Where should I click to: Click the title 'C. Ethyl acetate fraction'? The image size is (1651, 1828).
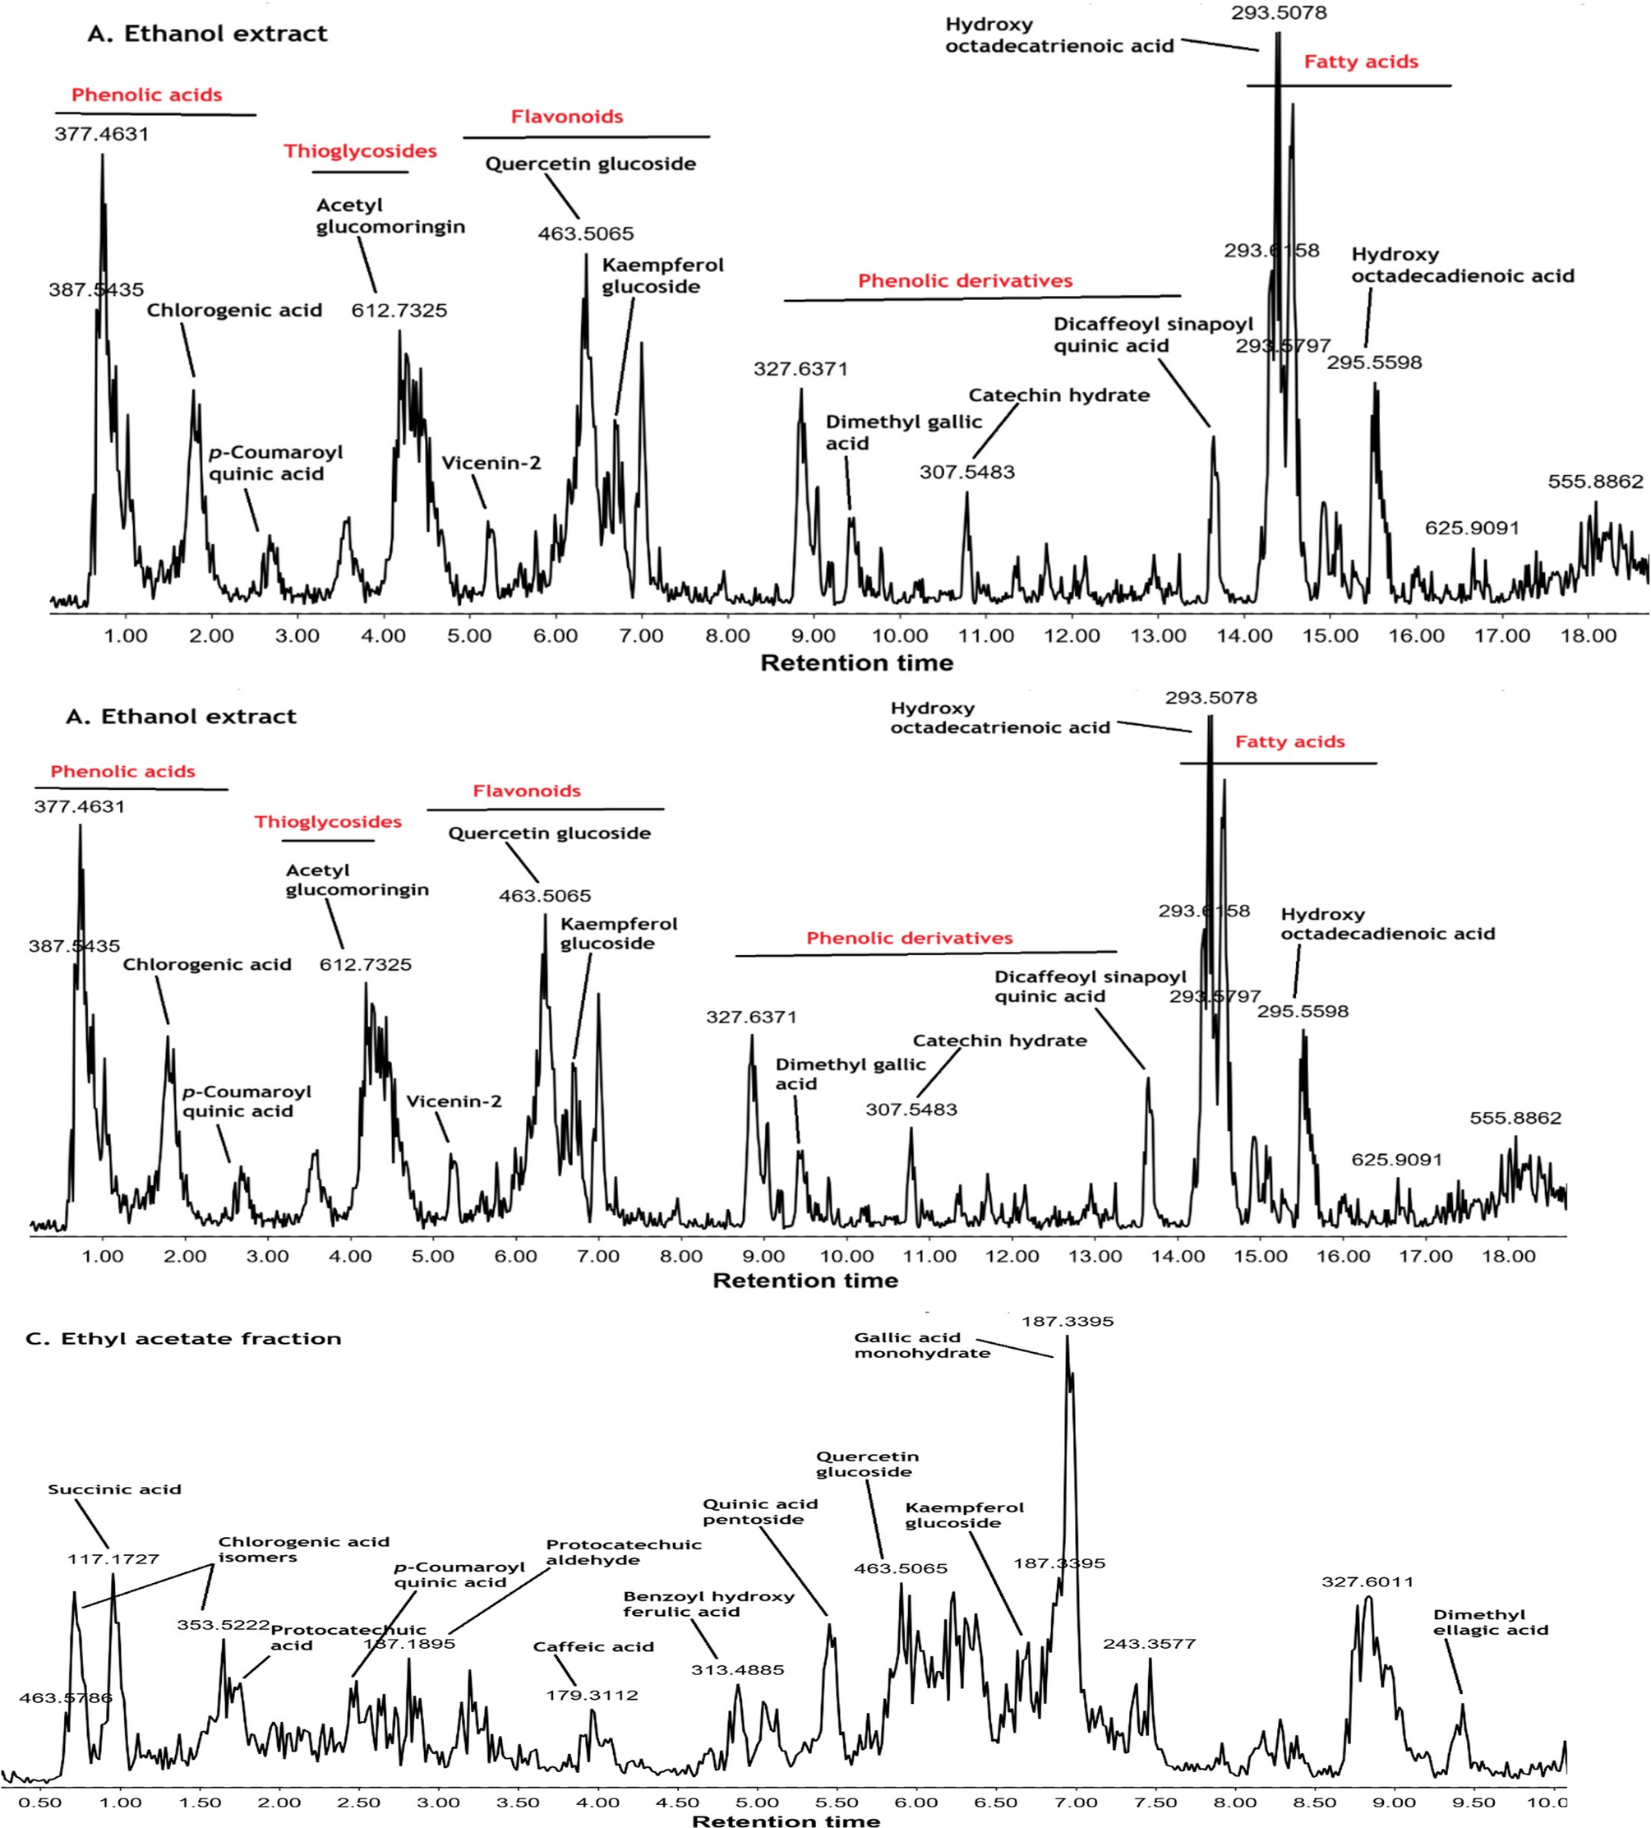pyautogui.click(x=183, y=1338)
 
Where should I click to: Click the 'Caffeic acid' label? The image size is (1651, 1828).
pyautogui.click(x=593, y=1646)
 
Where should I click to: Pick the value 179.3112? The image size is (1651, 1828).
pyautogui.click(x=592, y=1695)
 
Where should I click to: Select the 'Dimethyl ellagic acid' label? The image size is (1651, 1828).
pyautogui.click(x=1490, y=1623)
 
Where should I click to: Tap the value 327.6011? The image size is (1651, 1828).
pyautogui.click(x=1367, y=1581)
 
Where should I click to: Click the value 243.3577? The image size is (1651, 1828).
pyautogui.click(x=1149, y=1643)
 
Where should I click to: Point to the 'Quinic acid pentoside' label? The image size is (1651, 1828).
pyautogui.click(x=760, y=1512)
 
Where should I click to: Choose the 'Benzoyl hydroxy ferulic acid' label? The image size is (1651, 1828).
pyautogui.click(x=708, y=1604)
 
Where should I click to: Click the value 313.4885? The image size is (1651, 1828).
pyautogui.click(x=737, y=1669)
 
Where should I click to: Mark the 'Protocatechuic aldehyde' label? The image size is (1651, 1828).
pyautogui.click(x=623, y=1552)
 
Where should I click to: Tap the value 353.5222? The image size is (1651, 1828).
pyautogui.click(x=223, y=1625)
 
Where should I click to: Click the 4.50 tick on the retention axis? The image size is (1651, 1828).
pyautogui.click(x=677, y=1802)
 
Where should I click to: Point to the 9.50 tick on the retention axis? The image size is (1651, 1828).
pyautogui.click(x=1473, y=1802)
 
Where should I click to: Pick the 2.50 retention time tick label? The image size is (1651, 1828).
pyautogui.click(x=359, y=1802)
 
